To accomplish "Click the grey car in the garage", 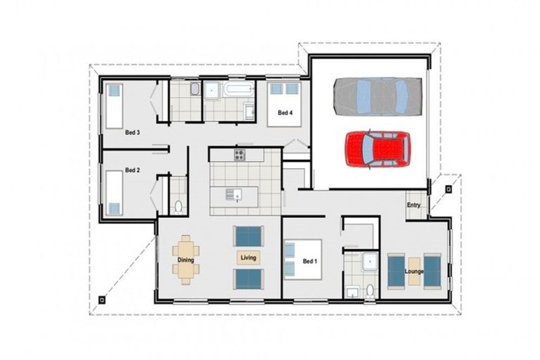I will click(378, 96).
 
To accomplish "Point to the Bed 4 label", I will click(284, 112).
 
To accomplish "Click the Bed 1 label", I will click(310, 262).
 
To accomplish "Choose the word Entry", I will click(413, 205).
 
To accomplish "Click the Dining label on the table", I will click(186, 259).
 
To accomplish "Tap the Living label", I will click(249, 258).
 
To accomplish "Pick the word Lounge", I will click(414, 271).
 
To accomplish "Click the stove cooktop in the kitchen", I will click(240, 155).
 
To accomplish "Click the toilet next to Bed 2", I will click(178, 206).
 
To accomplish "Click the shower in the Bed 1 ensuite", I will click(370, 263).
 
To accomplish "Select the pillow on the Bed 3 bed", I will click(114, 91).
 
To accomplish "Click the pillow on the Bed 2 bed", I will click(114, 208).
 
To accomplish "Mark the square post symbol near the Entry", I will click(448, 188).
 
